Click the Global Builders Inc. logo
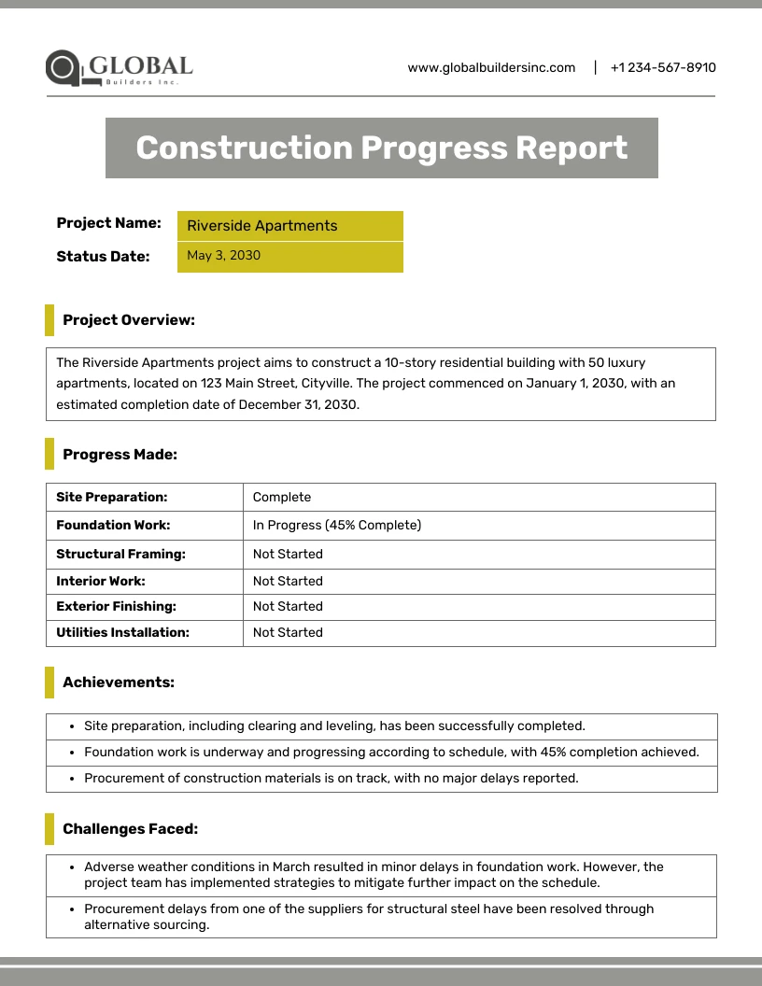(119, 68)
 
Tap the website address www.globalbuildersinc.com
(491, 67)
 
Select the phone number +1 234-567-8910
(663, 67)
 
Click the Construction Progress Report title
(381, 148)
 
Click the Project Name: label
(108, 223)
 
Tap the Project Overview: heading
(129, 320)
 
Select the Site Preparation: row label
(112, 497)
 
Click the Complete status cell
(282, 497)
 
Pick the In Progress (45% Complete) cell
(337, 525)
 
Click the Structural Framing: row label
(121, 554)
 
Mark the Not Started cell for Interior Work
(288, 581)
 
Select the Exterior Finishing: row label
(117, 606)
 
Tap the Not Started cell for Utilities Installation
(288, 632)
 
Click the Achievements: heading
(119, 683)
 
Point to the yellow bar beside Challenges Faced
(49, 828)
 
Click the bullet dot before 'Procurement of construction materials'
(73, 779)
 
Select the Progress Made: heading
(120, 455)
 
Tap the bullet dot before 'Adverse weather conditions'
(73, 867)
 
